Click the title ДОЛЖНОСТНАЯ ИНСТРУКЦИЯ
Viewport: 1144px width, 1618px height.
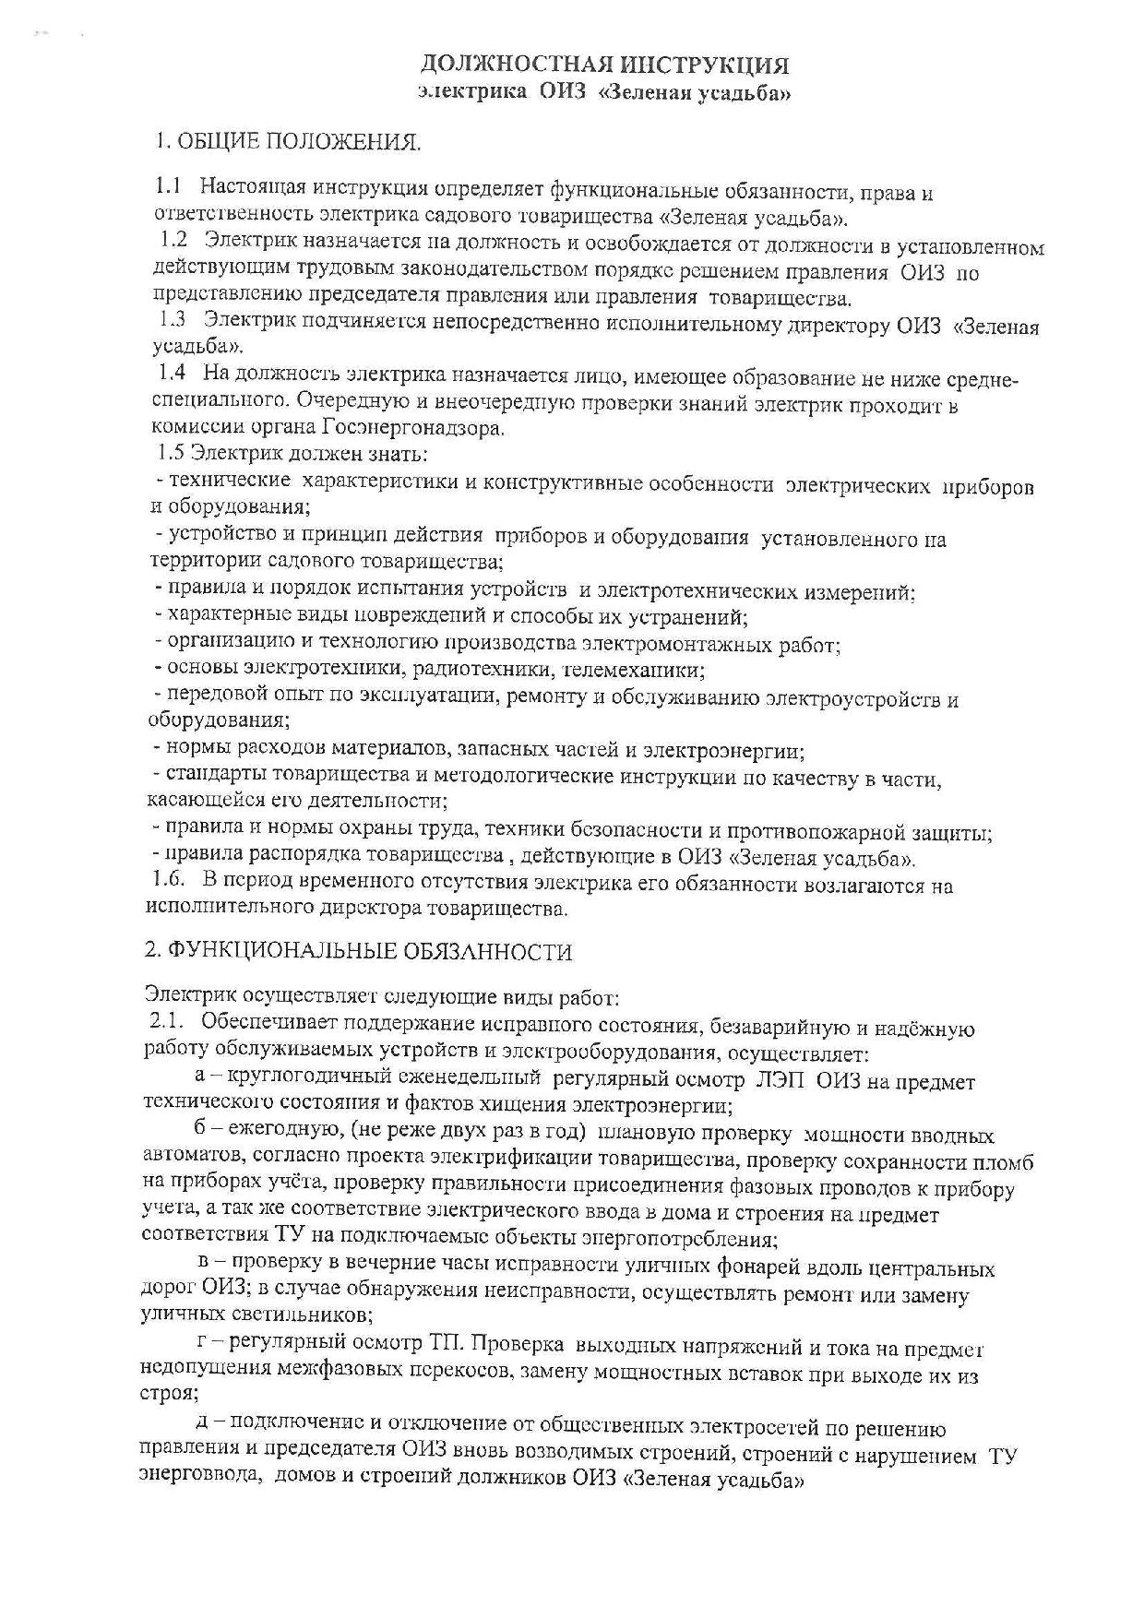pyautogui.click(x=604, y=65)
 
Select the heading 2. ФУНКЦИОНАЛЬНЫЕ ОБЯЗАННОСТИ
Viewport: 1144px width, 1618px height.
pyautogui.click(x=360, y=951)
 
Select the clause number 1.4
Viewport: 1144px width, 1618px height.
pyautogui.click(x=173, y=375)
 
